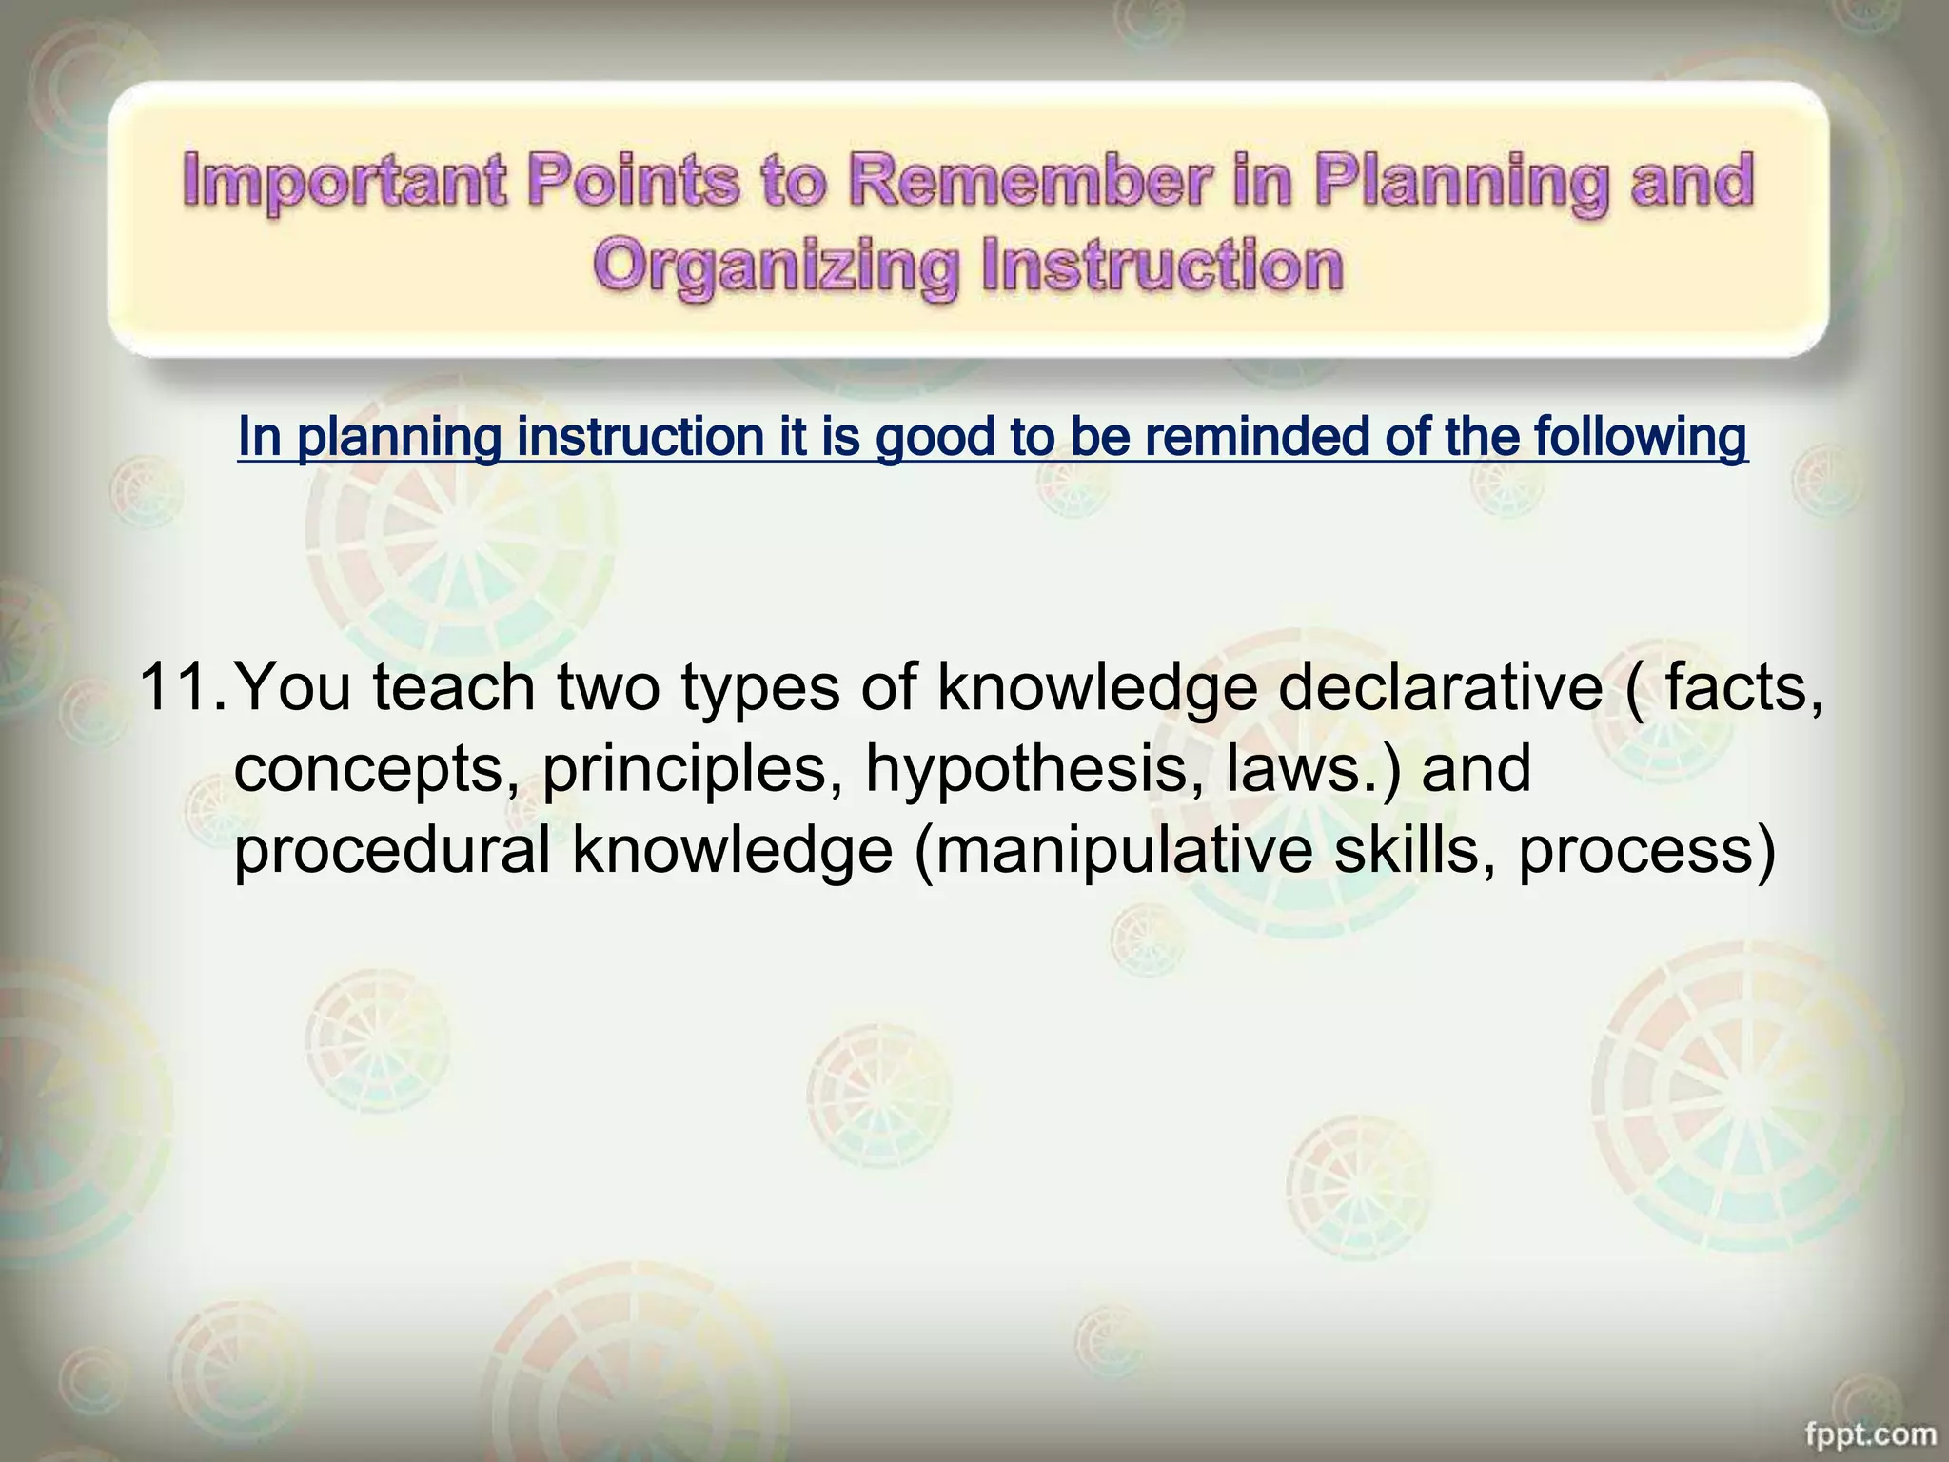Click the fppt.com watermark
(x=1871, y=1433)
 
